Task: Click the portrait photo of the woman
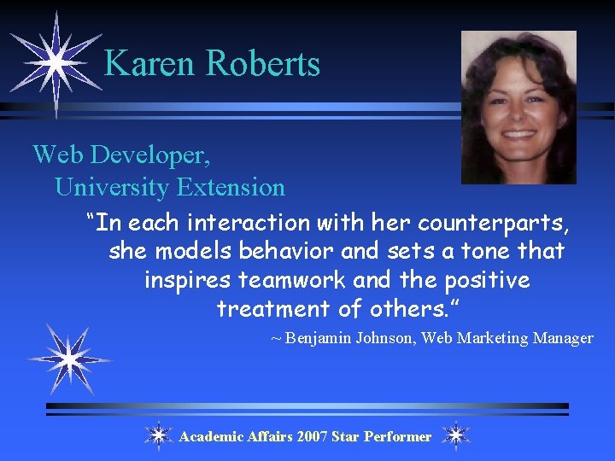pyautogui.click(x=518, y=108)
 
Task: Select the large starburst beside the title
pyautogui.click(x=55, y=61)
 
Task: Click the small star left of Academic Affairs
pyautogui.click(x=159, y=435)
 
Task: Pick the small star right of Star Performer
pyautogui.click(x=456, y=435)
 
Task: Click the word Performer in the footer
pyautogui.click(x=397, y=436)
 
